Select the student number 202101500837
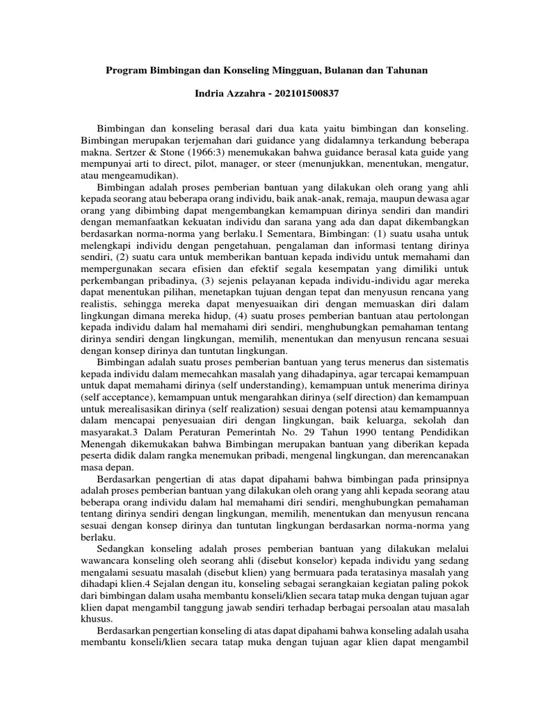(300, 94)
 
